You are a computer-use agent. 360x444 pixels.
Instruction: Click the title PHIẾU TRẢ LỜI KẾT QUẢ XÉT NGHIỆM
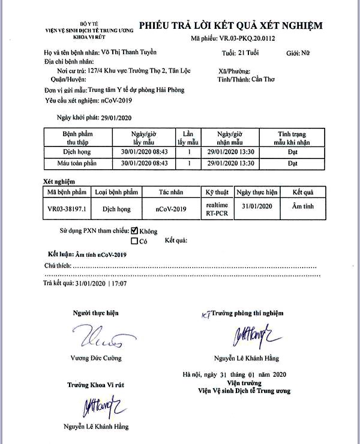coord(231,25)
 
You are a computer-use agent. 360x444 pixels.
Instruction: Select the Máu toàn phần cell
coord(76,163)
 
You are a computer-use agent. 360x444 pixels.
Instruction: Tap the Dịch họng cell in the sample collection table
coord(76,152)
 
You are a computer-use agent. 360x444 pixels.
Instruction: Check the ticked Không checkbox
coord(134,230)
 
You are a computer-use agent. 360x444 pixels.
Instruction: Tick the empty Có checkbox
coord(134,241)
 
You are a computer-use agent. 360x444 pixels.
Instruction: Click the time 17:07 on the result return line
coord(119,283)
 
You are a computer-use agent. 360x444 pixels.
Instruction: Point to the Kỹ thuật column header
coord(217,193)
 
